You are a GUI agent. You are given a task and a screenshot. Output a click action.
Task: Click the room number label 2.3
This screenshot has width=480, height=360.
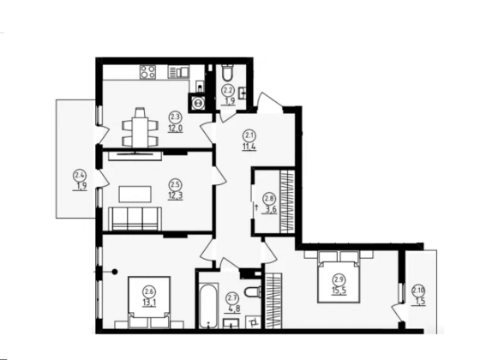point(175,117)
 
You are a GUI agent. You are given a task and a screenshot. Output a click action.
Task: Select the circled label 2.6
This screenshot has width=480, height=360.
point(150,290)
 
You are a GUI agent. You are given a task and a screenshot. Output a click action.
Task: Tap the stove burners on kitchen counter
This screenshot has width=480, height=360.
point(147,74)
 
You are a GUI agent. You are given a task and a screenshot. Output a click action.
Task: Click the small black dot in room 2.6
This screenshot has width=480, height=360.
point(114,272)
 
